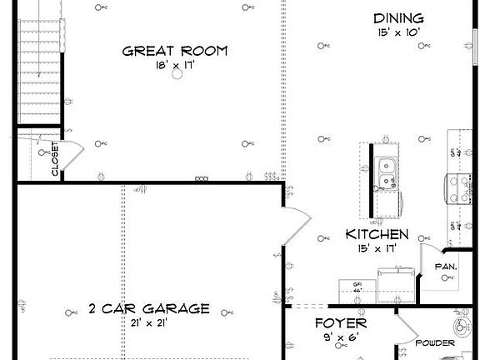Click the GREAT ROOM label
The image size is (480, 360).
[x=175, y=51]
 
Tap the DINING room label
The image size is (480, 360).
[x=397, y=18]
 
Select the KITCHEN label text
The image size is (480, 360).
[x=377, y=234]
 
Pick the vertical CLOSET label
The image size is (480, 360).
[x=55, y=158]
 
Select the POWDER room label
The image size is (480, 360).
[x=435, y=343]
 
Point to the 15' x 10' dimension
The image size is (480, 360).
[x=397, y=32]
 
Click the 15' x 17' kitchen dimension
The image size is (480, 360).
[x=377, y=247]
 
